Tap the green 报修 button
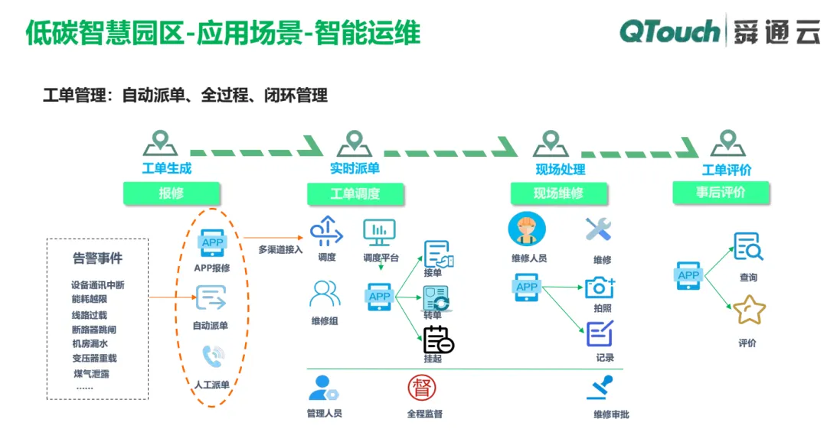click(x=172, y=193)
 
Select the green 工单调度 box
click(x=355, y=194)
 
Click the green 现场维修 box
click(x=558, y=193)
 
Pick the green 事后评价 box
click(x=721, y=192)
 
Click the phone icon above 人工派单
click(x=213, y=356)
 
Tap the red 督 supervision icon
click(x=422, y=388)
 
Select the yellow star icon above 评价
click(x=749, y=310)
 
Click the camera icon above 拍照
click(x=600, y=287)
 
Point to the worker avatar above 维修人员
click(x=527, y=229)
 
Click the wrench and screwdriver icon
click(x=599, y=229)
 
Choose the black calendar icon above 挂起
click(x=438, y=339)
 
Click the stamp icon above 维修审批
click(x=600, y=388)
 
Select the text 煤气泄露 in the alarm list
click(x=91, y=374)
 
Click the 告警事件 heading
click(x=97, y=258)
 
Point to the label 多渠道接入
click(x=280, y=250)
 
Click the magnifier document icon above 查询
click(x=748, y=246)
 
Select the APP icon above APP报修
click(x=213, y=244)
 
